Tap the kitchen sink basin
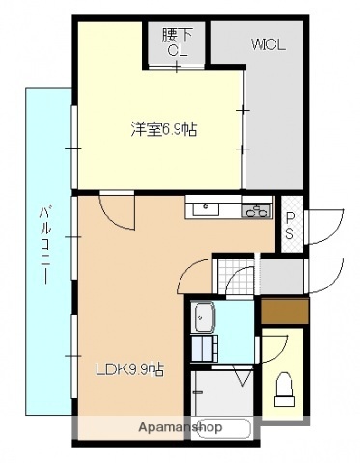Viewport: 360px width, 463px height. tap(206, 210)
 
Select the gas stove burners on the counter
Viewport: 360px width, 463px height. tap(256, 211)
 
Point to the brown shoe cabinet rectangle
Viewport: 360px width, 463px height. tap(284, 312)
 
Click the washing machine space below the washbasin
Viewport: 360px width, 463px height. tap(204, 348)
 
